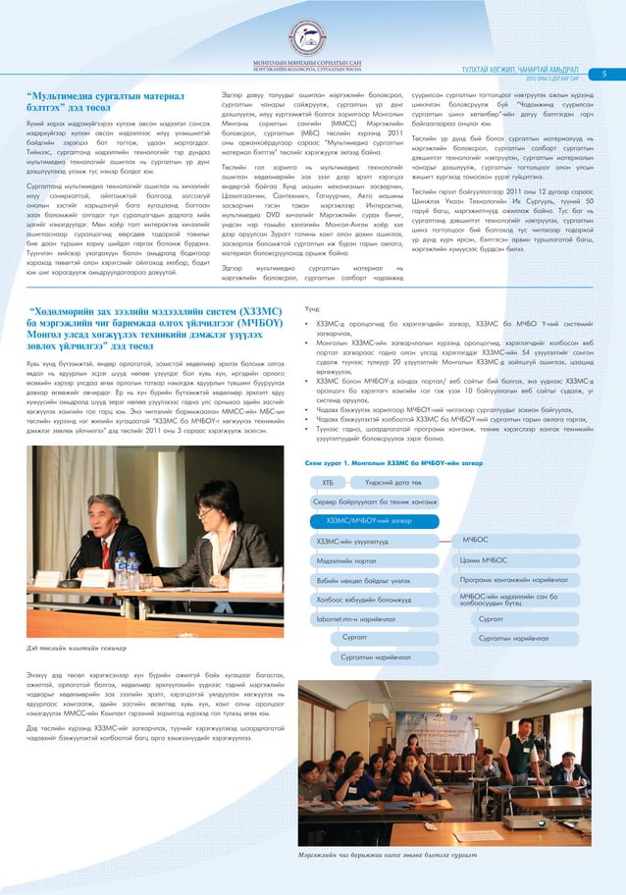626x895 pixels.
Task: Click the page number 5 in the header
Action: click(x=605, y=73)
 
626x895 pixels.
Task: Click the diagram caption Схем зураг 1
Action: click(x=360, y=461)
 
